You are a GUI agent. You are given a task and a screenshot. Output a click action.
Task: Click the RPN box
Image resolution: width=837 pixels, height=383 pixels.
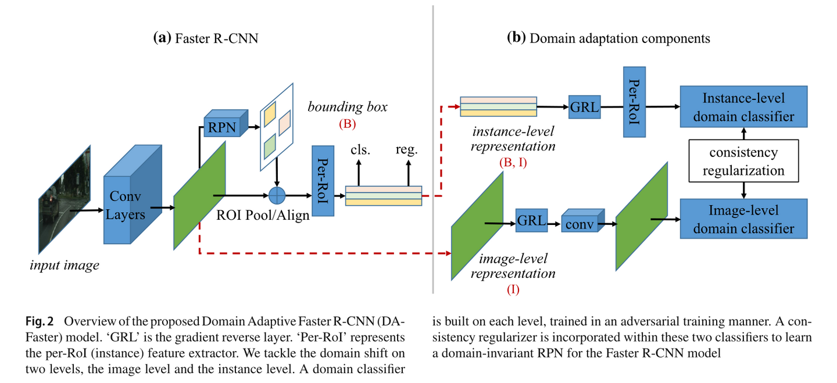pyautogui.click(x=223, y=127)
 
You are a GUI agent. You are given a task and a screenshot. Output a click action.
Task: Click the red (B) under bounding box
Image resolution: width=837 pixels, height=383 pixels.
pyautogui.click(x=347, y=124)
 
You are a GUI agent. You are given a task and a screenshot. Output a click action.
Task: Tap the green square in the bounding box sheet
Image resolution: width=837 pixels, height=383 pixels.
pyautogui.click(x=269, y=146)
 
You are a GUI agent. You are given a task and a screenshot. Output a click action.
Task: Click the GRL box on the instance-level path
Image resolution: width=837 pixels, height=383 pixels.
pyautogui.click(x=584, y=108)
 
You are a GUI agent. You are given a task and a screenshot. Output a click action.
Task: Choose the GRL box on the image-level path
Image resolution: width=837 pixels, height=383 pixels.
pyautogui.click(x=531, y=221)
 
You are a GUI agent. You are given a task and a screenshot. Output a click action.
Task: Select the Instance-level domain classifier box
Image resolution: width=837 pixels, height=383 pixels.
pyautogui.click(x=743, y=107)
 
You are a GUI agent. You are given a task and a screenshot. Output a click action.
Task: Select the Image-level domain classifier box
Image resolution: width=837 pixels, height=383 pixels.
pyautogui.click(x=743, y=219)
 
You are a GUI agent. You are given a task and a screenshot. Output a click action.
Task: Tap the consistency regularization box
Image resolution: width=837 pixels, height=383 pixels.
pyautogui.click(x=743, y=162)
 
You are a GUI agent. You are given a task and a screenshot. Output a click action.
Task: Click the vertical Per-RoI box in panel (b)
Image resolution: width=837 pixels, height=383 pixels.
pyautogui.click(x=635, y=102)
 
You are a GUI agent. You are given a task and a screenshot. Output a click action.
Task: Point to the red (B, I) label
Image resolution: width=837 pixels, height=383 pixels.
pyautogui.click(x=513, y=163)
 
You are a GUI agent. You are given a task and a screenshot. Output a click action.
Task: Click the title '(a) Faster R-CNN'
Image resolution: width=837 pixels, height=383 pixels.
pyautogui.click(x=205, y=38)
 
